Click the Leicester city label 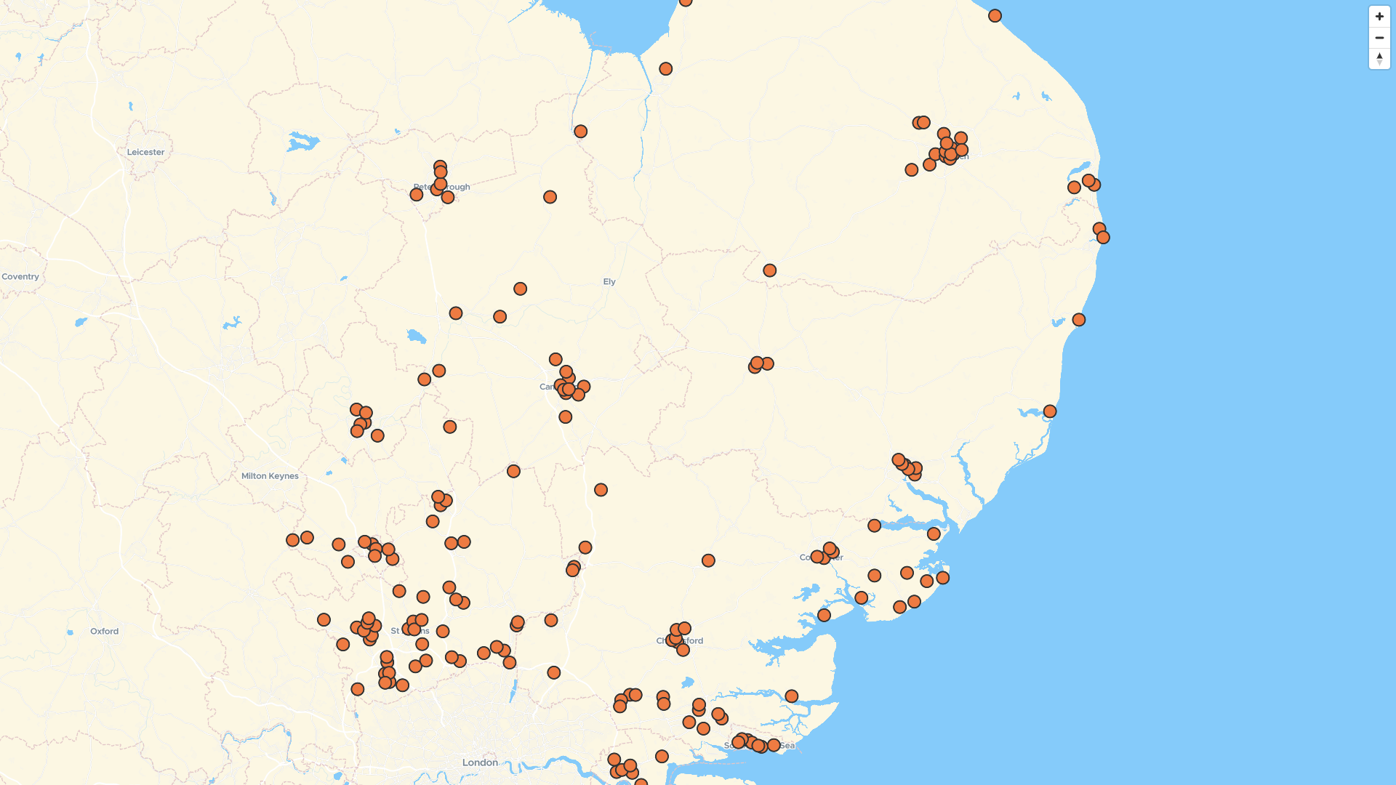click(x=145, y=152)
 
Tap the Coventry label click(x=20, y=276)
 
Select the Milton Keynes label click(x=270, y=476)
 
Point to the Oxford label click(x=104, y=631)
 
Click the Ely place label click(x=609, y=281)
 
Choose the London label click(x=480, y=762)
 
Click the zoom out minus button click(x=1379, y=38)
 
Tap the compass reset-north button click(x=1379, y=59)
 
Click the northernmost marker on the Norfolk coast click(x=995, y=16)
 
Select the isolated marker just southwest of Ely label click(x=520, y=289)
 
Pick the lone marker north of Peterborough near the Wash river click(x=580, y=132)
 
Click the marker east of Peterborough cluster click(x=550, y=197)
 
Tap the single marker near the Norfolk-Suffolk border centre click(x=769, y=270)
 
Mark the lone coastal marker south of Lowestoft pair click(x=1078, y=320)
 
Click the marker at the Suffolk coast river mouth click(x=1049, y=411)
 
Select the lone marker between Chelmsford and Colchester click(x=708, y=560)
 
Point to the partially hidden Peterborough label click(x=441, y=187)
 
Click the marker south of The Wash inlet click(x=665, y=69)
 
